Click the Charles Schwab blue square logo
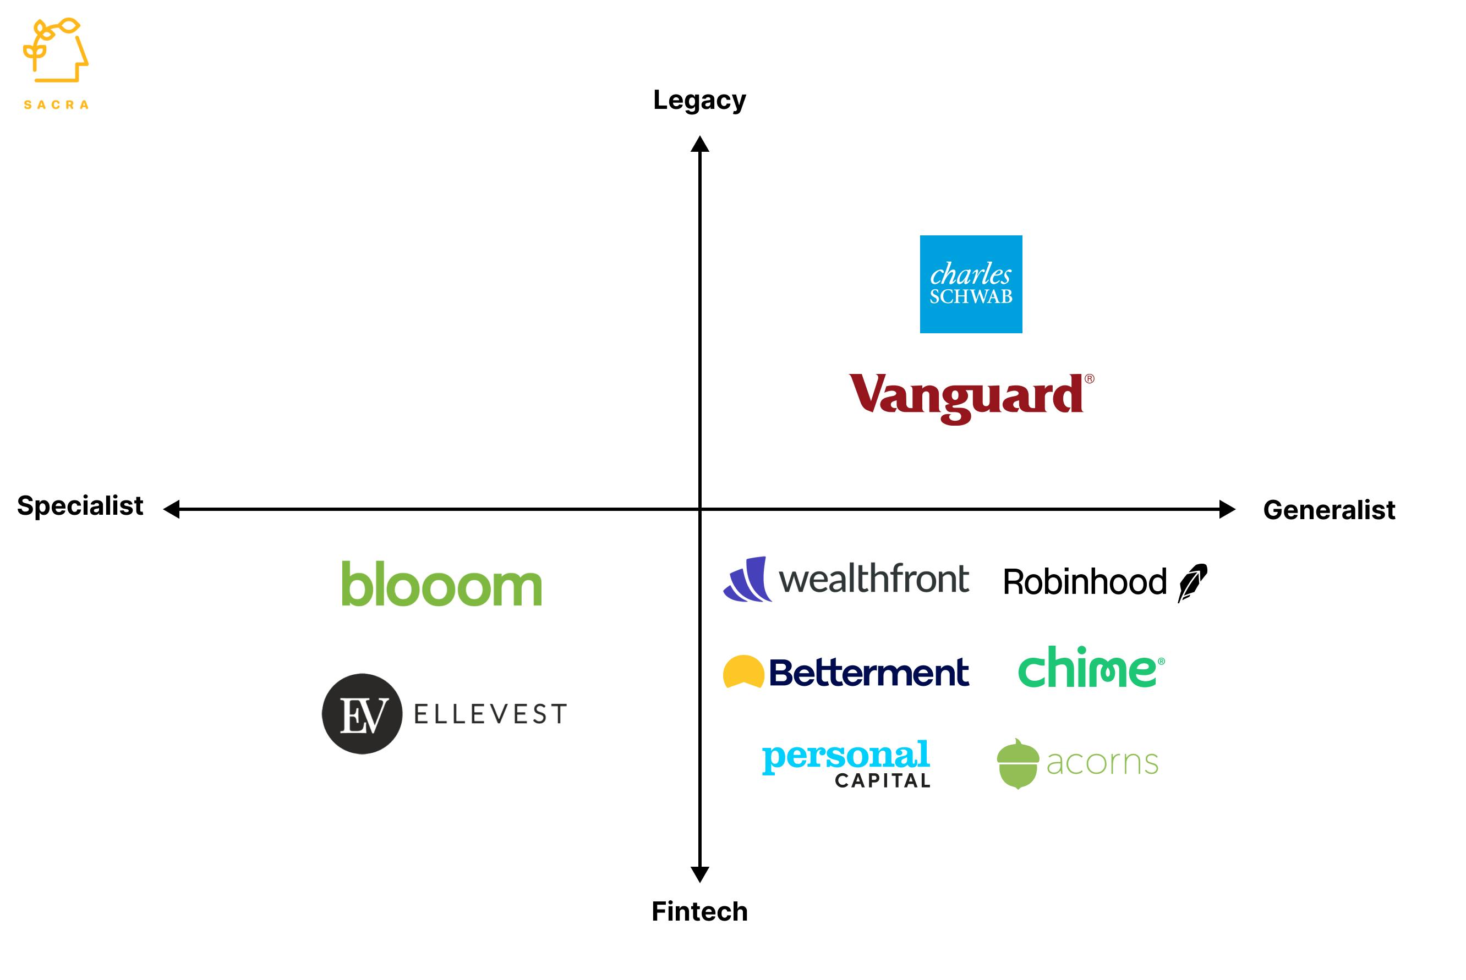click(x=971, y=284)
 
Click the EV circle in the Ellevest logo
click(x=362, y=714)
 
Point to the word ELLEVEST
click(x=491, y=714)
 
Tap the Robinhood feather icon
click(x=1192, y=582)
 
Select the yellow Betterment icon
click(x=743, y=672)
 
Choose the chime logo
click(x=1090, y=668)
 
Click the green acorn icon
click(x=1018, y=764)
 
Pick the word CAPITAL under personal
click(x=883, y=780)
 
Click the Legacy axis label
click(x=699, y=100)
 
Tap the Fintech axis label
click(x=699, y=911)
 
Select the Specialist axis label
click(x=80, y=505)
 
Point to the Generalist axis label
click(x=1329, y=510)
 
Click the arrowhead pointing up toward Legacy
click(x=700, y=145)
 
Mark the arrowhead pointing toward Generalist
click(x=1227, y=509)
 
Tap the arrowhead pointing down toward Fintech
click(x=700, y=874)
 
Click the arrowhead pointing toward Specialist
click(x=171, y=509)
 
